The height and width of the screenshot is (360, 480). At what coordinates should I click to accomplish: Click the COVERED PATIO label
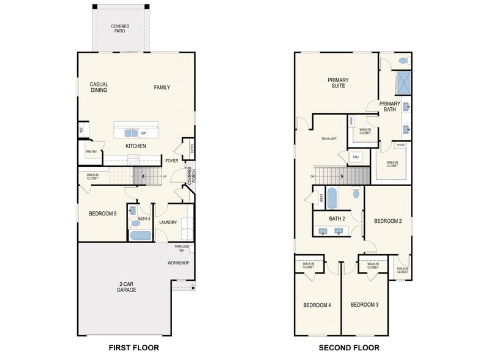tap(119, 28)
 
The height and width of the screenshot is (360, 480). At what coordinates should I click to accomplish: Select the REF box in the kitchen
tap(81, 130)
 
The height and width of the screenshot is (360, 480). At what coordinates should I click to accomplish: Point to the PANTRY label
tap(91, 152)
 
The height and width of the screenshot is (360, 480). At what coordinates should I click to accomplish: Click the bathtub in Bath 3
tap(140, 236)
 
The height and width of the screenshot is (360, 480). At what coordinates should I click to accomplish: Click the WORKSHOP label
tap(178, 263)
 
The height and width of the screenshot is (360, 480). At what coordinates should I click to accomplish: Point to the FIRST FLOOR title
tap(132, 348)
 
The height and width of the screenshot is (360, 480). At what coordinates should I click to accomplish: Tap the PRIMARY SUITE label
tap(336, 83)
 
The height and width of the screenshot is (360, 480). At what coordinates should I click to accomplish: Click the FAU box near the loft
tap(355, 157)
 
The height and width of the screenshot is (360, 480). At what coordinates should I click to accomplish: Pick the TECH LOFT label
tap(329, 139)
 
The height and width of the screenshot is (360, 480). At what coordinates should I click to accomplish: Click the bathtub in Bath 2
tap(332, 198)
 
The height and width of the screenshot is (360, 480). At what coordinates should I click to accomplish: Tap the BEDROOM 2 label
tap(388, 221)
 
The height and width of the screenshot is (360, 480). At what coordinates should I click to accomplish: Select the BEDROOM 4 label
tap(317, 304)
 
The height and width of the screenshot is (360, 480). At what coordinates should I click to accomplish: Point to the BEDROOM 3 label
tap(364, 304)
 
